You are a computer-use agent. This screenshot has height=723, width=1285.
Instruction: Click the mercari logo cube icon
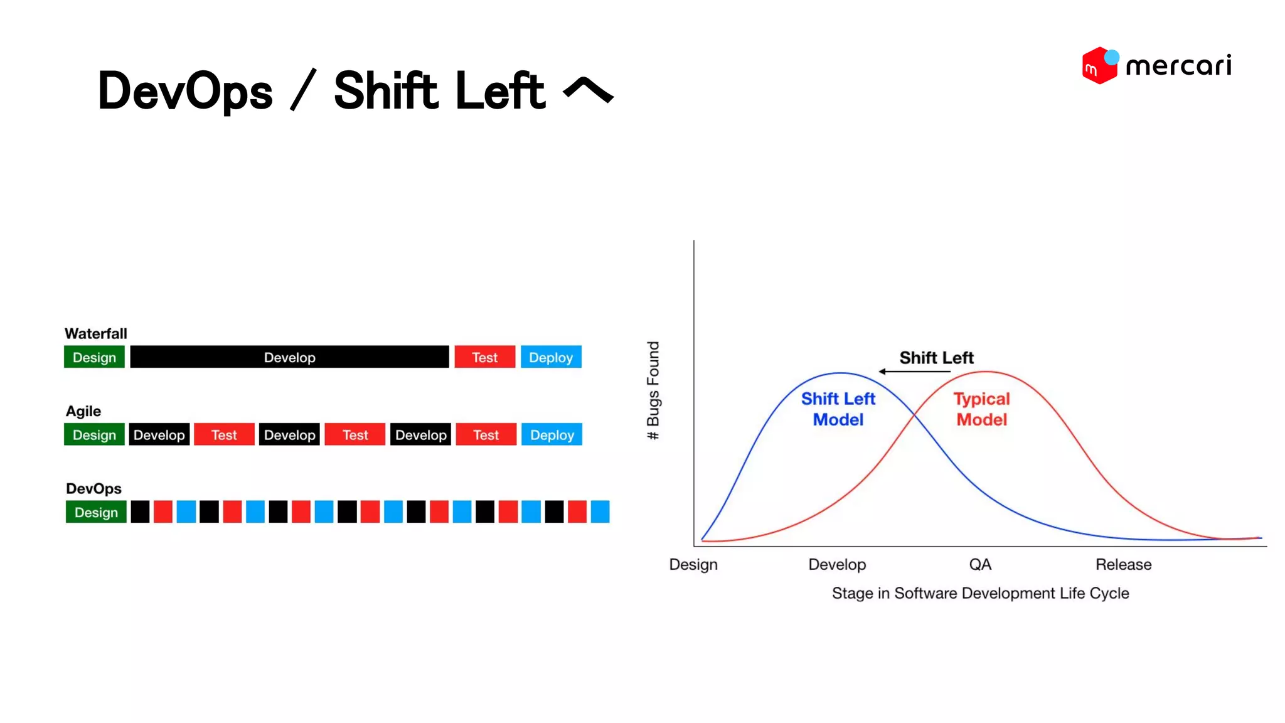pyautogui.click(x=1099, y=65)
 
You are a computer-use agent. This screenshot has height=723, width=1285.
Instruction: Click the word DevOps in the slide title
pyautogui.click(x=185, y=92)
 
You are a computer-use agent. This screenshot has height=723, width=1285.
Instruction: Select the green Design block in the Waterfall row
pyautogui.click(x=94, y=357)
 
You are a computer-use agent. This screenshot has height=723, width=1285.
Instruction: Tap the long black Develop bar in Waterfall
pyautogui.click(x=289, y=357)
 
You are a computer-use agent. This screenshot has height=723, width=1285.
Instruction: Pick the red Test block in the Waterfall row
pyautogui.click(x=484, y=357)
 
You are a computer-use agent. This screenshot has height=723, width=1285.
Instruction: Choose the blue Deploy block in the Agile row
pyautogui.click(x=552, y=434)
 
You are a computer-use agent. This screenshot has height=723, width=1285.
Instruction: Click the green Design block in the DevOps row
pyautogui.click(x=96, y=512)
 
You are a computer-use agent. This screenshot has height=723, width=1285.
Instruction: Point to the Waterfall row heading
pyautogui.click(x=95, y=333)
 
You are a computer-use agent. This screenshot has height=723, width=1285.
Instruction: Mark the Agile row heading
pyautogui.click(x=83, y=411)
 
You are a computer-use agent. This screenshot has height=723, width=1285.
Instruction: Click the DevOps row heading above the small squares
pyautogui.click(x=93, y=488)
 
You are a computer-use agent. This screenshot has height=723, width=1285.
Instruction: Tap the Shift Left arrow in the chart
pyautogui.click(x=914, y=372)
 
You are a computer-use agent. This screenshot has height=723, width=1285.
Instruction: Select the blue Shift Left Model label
pyautogui.click(x=838, y=409)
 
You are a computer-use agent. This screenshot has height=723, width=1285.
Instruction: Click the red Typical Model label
pyautogui.click(x=981, y=409)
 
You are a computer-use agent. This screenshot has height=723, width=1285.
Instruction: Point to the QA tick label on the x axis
pyautogui.click(x=980, y=564)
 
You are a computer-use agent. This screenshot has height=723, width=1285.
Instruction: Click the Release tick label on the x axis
pyautogui.click(x=1123, y=564)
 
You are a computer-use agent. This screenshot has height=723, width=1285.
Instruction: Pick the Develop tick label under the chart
pyautogui.click(x=837, y=564)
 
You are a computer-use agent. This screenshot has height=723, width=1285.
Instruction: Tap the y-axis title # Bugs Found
pyautogui.click(x=653, y=390)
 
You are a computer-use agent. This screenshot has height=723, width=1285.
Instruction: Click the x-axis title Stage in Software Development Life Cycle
pyautogui.click(x=980, y=593)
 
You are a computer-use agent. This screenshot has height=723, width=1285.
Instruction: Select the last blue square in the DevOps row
pyautogui.click(x=600, y=511)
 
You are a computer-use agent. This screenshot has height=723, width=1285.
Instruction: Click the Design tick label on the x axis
pyautogui.click(x=693, y=564)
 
